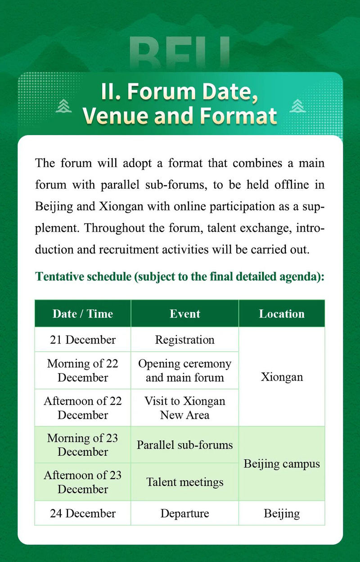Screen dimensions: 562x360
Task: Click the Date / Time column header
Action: [x=83, y=313]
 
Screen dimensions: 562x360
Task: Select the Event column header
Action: [x=185, y=313]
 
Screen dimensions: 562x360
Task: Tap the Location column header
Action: [x=282, y=313]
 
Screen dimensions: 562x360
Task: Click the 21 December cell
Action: [x=83, y=340]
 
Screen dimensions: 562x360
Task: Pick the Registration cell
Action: [x=185, y=340]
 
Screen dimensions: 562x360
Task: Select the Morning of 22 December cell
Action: [x=83, y=370]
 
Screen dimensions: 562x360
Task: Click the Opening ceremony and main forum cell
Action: [x=185, y=370]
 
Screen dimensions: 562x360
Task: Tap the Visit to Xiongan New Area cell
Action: [x=185, y=408]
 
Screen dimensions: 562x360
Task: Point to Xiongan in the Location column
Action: [x=282, y=377]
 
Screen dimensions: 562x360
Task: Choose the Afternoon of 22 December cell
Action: [x=83, y=408]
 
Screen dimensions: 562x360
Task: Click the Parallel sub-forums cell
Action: [x=185, y=445]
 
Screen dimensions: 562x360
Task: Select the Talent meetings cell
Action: [x=185, y=482]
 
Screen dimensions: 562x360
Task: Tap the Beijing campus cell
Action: [x=282, y=463]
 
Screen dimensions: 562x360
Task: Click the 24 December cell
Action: [x=83, y=513]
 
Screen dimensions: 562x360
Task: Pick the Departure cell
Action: [x=185, y=513]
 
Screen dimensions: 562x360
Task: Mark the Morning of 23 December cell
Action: [x=83, y=445]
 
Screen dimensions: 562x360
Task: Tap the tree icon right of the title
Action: [x=297, y=105]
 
